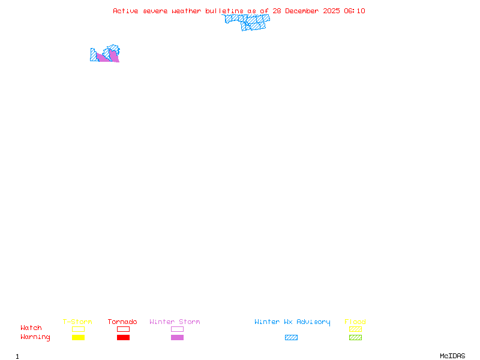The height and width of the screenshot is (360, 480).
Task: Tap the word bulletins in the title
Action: pyautogui.click(x=224, y=11)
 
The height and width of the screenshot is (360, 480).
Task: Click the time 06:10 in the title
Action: pyautogui.click(x=356, y=11)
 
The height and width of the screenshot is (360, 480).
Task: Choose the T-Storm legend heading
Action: pyautogui.click(x=77, y=322)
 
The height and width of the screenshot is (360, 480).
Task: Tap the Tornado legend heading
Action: pyautogui.click(x=122, y=322)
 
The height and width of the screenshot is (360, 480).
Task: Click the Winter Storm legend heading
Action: pyautogui.click(x=175, y=322)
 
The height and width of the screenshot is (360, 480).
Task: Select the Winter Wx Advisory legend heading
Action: pyautogui.click(x=292, y=322)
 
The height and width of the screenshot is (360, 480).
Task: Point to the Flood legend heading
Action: pyautogui.click(x=355, y=322)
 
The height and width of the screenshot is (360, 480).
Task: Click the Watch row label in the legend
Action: pyautogui.click(x=31, y=328)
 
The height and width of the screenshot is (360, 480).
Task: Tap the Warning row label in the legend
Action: pyautogui.click(x=35, y=337)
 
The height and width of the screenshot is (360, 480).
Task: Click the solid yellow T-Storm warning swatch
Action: pyautogui.click(x=78, y=337)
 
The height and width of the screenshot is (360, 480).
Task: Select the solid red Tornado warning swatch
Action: pyautogui.click(x=123, y=337)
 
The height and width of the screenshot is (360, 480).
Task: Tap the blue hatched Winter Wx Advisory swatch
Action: pyautogui.click(x=291, y=337)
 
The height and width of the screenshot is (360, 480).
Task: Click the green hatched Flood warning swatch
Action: pyautogui.click(x=355, y=337)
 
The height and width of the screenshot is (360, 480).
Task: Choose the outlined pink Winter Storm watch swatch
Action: pyautogui.click(x=177, y=329)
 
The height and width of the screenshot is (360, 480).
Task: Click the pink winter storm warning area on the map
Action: pyautogui.click(x=104, y=58)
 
